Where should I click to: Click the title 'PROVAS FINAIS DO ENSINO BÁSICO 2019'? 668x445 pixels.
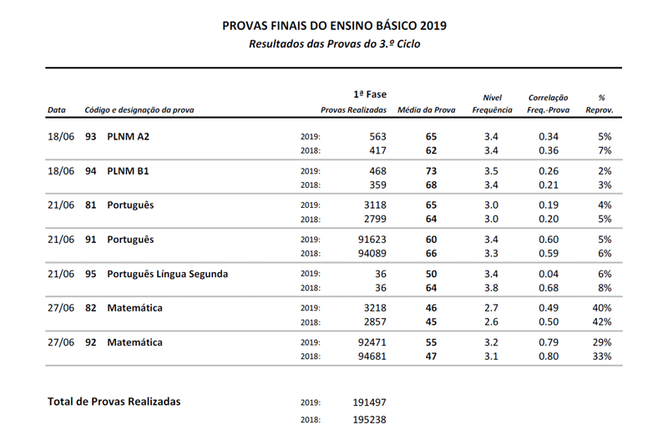click(x=334, y=25)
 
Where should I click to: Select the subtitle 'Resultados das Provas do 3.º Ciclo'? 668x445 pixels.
click(x=334, y=43)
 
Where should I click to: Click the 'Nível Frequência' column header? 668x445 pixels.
click(x=492, y=104)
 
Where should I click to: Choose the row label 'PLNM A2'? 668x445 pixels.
click(x=129, y=136)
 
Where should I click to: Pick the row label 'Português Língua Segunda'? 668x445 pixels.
click(x=167, y=274)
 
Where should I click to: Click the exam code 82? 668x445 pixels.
click(x=91, y=308)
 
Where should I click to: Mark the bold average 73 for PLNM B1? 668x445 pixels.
click(x=431, y=170)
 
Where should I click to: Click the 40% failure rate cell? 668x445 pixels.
click(x=602, y=308)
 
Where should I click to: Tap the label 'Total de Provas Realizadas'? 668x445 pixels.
click(x=114, y=402)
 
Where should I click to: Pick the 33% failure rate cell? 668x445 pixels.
click(x=602, y=357)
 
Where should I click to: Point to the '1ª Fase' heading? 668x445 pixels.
click(x=370, y=94)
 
